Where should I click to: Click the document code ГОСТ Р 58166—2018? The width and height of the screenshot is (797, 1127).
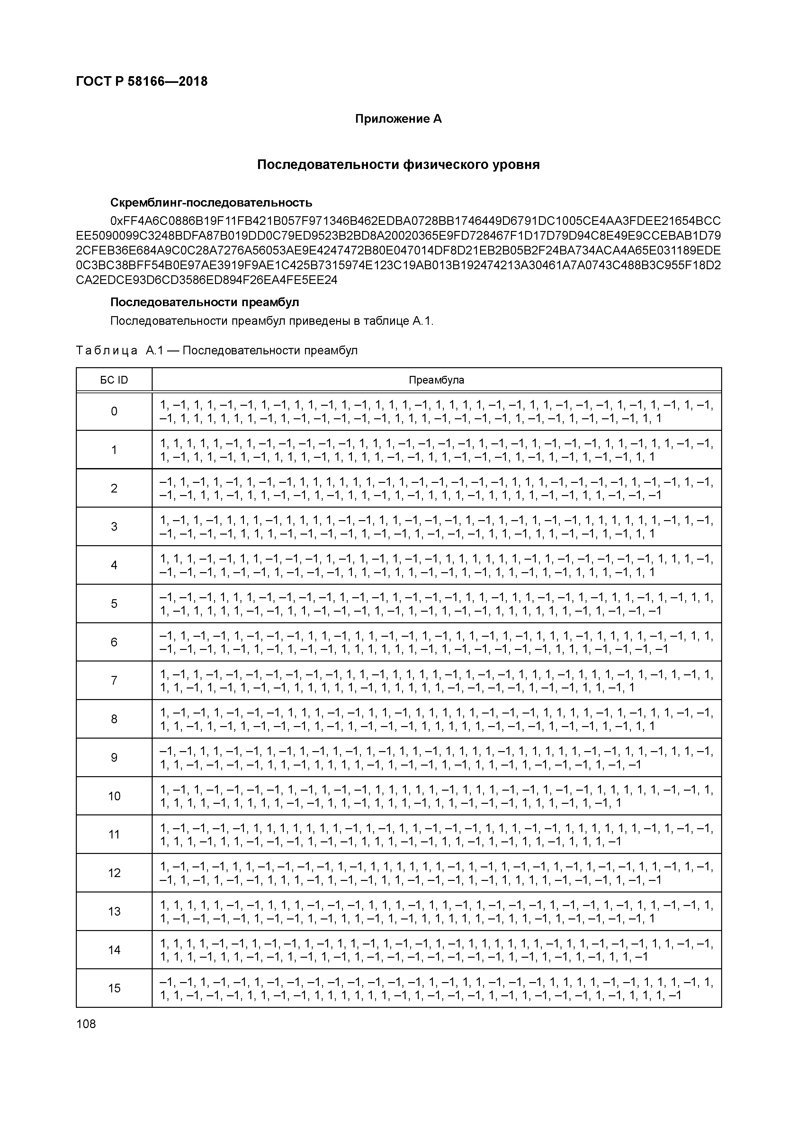point(142,82)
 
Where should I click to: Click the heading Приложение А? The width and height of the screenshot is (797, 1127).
point(398,119)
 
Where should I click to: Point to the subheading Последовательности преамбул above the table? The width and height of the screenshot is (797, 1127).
point(204,302)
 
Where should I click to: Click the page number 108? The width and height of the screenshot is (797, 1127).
point(86,1024)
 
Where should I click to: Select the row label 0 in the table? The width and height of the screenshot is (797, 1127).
point(114,411)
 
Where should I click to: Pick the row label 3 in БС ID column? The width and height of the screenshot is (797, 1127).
point(114,527)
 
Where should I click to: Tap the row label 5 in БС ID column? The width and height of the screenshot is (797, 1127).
point(114,604)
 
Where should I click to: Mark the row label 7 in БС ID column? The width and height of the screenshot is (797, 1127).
point(114,681)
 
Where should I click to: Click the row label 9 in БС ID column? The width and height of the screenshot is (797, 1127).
point(114,758)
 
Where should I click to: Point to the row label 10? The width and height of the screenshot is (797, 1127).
point(114,796)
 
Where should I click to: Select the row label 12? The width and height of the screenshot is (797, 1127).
point(114,873)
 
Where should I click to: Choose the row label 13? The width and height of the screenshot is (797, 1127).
point(114,911)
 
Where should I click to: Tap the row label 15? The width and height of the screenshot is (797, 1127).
point(114,988)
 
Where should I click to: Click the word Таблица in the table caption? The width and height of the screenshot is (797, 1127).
point(107,351)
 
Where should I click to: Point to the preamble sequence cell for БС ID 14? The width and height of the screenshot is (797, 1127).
point(436,950)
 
